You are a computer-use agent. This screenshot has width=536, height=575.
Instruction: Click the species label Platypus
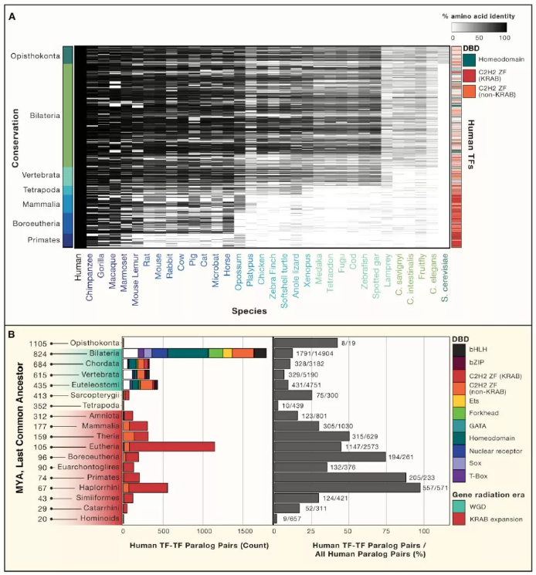pos(249,273)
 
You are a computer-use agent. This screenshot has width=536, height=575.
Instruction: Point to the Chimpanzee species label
pos(90,279)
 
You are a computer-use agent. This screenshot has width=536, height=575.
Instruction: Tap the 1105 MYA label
pos(38,343)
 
